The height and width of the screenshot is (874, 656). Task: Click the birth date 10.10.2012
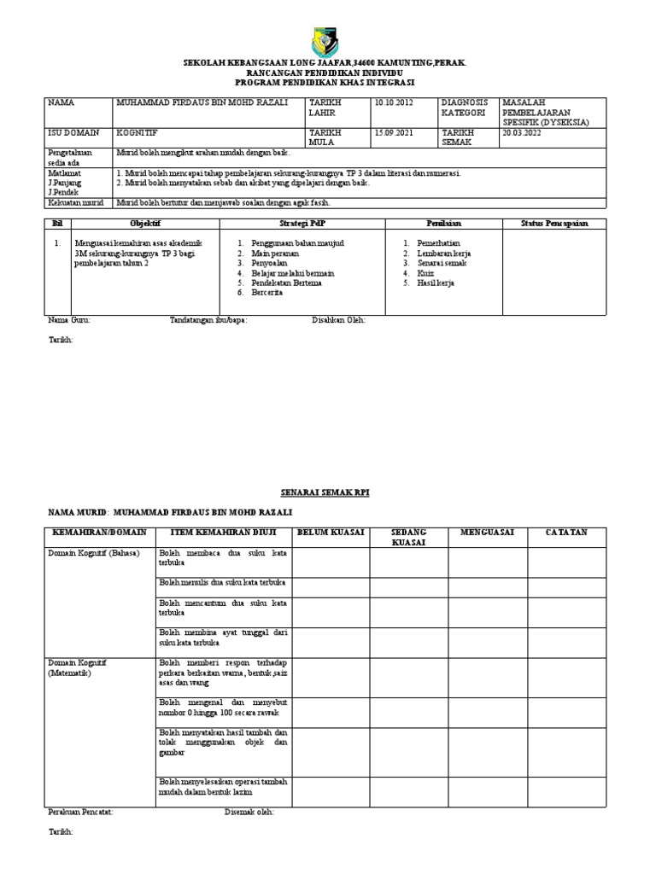coord(394,102)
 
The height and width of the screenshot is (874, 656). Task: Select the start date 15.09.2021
coord(394,133)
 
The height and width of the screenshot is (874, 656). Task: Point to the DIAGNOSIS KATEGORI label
coord(465,108)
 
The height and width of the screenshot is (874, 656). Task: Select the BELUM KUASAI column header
coord(330,533)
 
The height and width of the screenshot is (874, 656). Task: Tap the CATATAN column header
coord(566,533)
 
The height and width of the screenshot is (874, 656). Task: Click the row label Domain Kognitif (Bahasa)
coord(87,553)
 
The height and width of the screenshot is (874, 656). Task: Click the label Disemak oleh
coord(249,812)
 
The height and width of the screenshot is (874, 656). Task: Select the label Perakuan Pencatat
coord(79,812)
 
